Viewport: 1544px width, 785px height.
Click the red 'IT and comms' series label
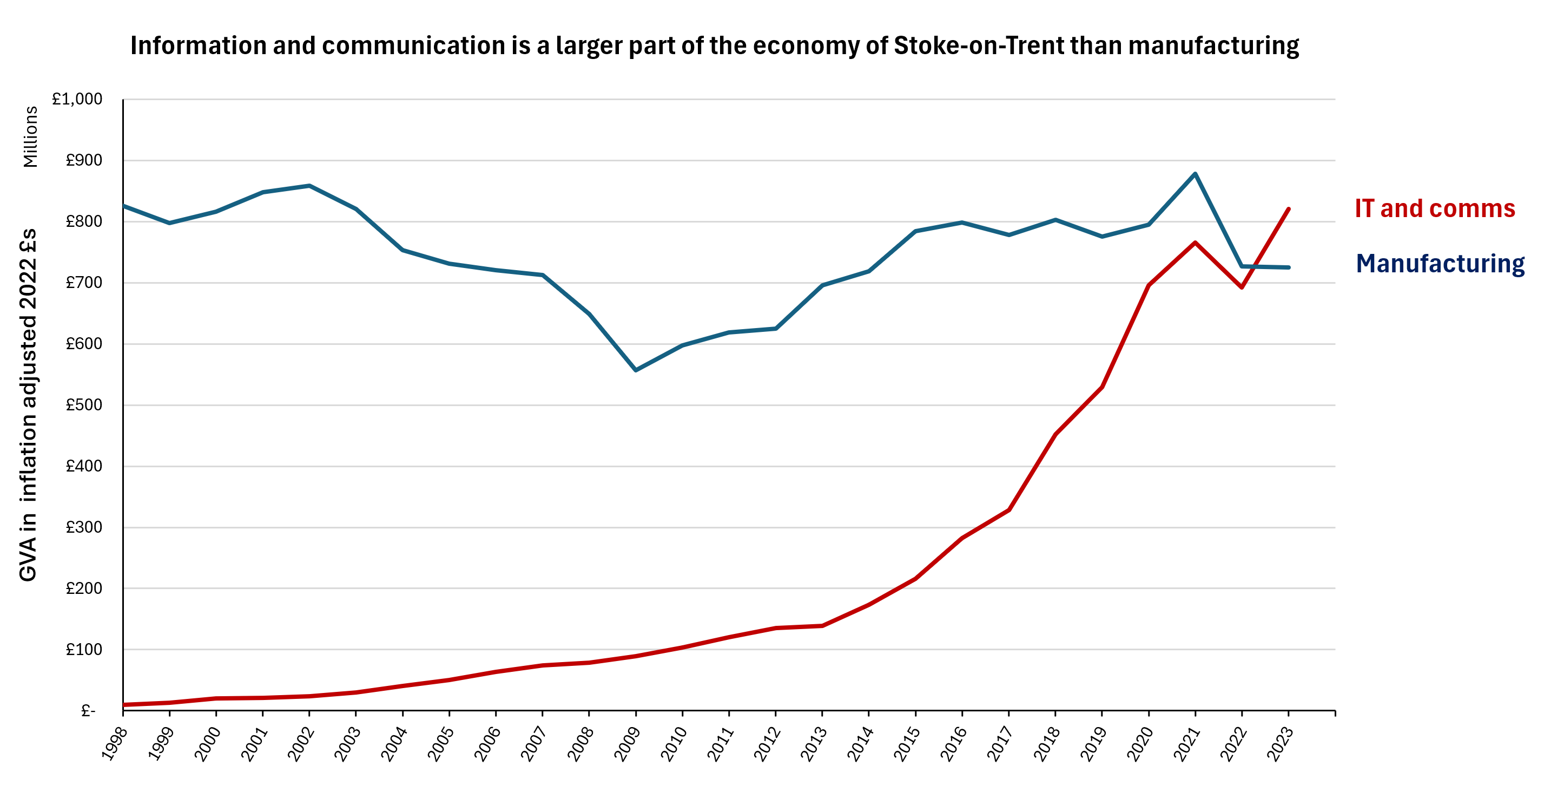[1434, 208]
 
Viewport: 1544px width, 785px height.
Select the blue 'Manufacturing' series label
[1440, 264]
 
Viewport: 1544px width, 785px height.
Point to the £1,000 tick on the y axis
[77, 99]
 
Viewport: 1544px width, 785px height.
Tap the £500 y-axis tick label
[84, 405]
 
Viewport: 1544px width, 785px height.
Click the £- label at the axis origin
[88, 711]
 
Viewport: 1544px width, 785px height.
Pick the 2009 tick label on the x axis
[627, 744]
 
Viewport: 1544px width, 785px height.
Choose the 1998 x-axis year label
[114, 744]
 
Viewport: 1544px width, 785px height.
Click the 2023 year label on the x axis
[1279, 744]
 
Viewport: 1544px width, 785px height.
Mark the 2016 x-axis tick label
[953, 744]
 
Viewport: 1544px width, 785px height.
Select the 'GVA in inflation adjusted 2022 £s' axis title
[28, 405]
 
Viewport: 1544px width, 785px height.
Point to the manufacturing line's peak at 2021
[1195, 174]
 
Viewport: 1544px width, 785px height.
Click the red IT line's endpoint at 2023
[1289, 210]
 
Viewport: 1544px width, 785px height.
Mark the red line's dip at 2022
[1242, 287]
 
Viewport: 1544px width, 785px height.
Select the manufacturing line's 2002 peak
[309, 186]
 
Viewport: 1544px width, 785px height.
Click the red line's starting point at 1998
[123, 705]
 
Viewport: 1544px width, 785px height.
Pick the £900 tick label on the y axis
[84, 160]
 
